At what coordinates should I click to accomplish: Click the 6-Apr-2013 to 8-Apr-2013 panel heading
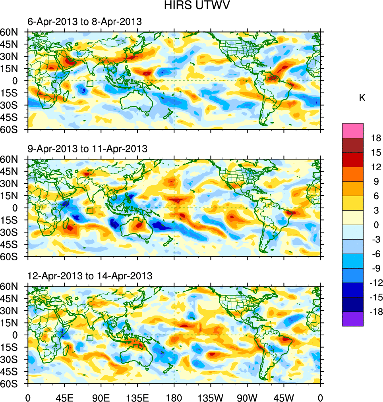[84, 22]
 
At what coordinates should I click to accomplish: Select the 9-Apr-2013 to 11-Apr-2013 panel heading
[87, 149]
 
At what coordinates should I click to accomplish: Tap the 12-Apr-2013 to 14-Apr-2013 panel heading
[90, 276]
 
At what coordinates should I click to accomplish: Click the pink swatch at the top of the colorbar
[352, 130]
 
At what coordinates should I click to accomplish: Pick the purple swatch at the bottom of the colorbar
[352, 319]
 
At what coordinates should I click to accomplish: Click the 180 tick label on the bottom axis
[174, 397]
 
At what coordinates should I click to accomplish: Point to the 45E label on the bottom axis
[64, 397]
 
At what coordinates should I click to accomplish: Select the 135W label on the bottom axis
[211, 397]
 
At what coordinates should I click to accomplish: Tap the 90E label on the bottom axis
[101, 397]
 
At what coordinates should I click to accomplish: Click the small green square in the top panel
[90, 84]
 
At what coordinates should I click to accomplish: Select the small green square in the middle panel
[90, 211]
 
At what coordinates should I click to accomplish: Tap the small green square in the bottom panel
[90, 338]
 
